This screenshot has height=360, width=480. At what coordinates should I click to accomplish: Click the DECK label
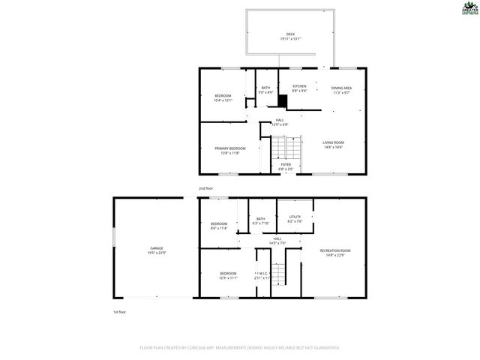[289, 34]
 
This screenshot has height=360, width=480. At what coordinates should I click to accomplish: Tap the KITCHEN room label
[299, 86]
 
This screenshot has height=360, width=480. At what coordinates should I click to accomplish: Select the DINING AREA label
[342, 88]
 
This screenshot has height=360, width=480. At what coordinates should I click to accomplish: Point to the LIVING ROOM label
[333, 142]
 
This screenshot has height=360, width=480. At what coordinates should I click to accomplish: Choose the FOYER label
[286, 164]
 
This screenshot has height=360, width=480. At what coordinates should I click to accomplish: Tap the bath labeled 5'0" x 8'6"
[265, 88]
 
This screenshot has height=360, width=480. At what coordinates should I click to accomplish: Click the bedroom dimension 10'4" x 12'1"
[223, 100]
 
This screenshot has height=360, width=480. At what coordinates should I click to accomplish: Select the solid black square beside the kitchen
[283, 101]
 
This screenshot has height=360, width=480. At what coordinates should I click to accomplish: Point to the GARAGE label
[157, 248]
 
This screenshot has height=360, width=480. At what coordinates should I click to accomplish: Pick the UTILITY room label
[295, 217]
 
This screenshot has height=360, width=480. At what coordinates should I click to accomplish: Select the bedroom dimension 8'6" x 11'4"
[219, 228]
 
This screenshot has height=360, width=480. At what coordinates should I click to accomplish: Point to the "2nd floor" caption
[206, 188]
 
